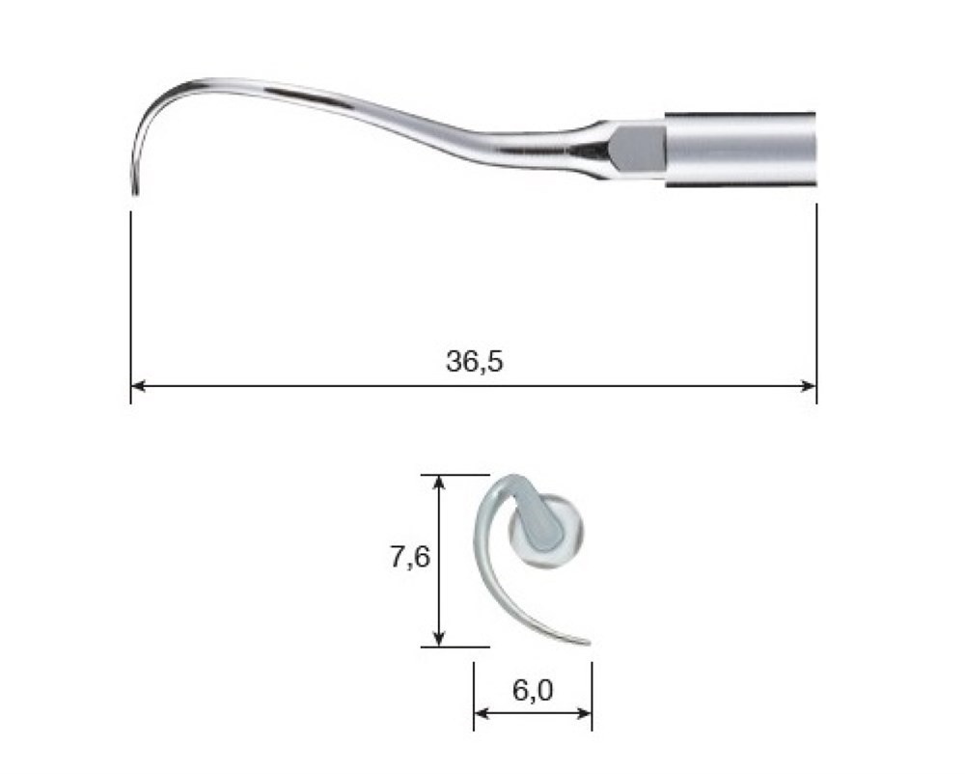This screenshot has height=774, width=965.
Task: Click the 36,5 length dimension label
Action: (x=474, y=361)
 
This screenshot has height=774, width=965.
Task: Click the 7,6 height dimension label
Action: (x=410, y=558)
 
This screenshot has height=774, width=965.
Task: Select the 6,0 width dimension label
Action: (x=533, y=691)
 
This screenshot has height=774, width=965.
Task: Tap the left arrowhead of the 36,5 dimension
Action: (x=138, y=386)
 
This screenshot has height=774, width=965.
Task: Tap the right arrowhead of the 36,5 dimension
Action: (x=809, y=386)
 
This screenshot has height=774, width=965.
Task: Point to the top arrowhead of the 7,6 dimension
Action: (x=438, y=483)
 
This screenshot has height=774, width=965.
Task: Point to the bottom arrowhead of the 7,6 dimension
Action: (x=438, y=639)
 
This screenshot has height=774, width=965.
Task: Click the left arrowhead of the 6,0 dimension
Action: (x=482, y=714)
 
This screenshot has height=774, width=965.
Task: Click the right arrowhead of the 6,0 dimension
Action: (x=584, y=714)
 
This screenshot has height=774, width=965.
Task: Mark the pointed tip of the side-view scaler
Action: (x=135, y=194)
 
